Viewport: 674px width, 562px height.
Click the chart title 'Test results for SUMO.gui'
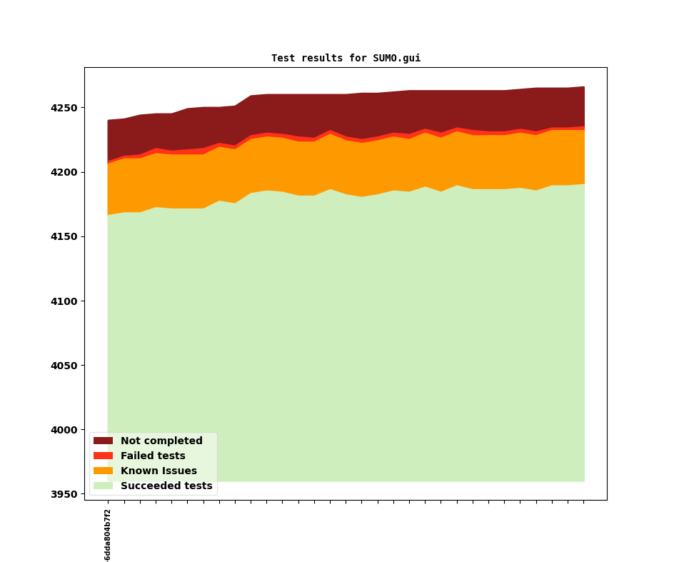coord(346,59)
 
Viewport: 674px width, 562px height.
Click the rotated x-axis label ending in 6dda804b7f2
coord(108,535)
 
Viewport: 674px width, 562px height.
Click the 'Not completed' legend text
coord(161,441)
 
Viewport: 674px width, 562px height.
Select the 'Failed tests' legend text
coord(153,456)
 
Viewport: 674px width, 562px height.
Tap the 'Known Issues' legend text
coord(159,471)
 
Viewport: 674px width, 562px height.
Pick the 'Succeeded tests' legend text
coord(166,486)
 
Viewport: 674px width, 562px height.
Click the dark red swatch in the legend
coord(103,441)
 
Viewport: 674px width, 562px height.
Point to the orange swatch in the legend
coord(103,471)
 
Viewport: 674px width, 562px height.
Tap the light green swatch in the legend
coord(103,486)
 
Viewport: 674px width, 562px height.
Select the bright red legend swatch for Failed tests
coord(103,456)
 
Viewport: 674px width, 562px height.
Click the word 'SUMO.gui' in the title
coord(396,59)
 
